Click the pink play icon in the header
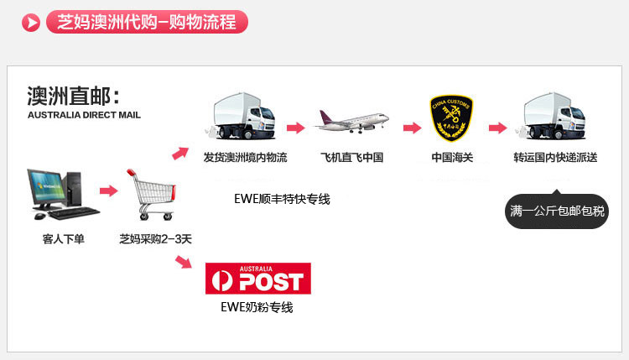coord(33,23)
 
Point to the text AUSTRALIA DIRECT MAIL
coord(84,115)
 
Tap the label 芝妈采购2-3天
coord(155,239)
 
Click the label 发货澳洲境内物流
coord(245,158)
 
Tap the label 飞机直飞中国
coord(351,158)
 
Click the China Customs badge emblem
coord(451,118)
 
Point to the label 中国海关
coord(452,158)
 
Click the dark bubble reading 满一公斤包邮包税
coord(557,211)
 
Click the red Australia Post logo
coord(257,279)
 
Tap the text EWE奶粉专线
coord(258,308)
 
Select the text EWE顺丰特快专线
coord(283,199)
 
